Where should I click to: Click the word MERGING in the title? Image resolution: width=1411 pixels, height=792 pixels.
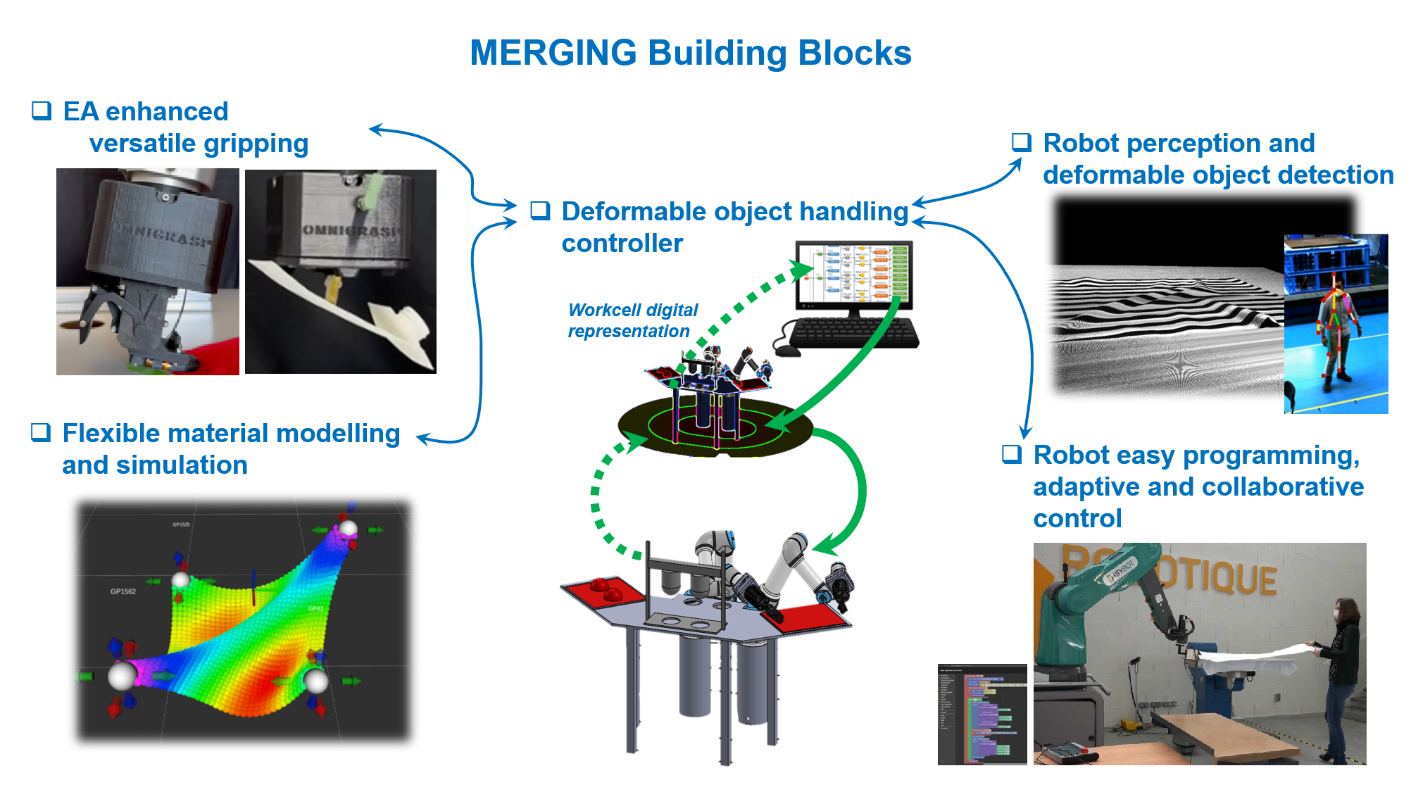click(x=553, y=53)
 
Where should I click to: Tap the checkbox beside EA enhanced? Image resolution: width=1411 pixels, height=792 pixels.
click(x=42, y=111)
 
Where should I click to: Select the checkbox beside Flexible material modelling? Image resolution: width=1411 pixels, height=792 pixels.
click(x=41, y=432)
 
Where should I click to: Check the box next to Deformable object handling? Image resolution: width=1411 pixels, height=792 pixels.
click(x=540, y=210)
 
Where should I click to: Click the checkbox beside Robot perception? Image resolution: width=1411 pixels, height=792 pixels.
click(x=1022, y=142)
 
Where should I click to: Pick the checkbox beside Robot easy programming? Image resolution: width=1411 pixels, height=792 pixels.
click(x=1012, y=454)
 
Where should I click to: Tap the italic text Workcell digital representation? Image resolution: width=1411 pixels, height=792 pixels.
click(x=632, y=320)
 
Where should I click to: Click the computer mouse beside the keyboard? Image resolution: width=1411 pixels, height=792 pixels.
click(x=786, y=348)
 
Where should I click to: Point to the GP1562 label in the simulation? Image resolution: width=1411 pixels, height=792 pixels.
click(x=123, y=591)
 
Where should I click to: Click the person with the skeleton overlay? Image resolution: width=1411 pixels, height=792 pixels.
click(x=1336, y=331)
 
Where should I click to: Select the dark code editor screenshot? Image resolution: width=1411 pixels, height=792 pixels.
click(x=982, y=714)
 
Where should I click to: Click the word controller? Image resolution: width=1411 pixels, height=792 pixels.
click(x=622, y=244)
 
